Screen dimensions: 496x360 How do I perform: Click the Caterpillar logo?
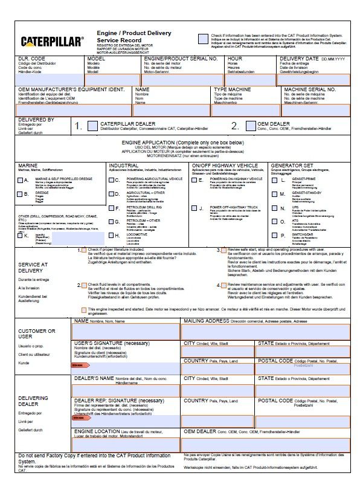tap(52, 42)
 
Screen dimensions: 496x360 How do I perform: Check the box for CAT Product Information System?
tap(203, 39)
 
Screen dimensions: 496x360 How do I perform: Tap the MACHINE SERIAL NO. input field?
tap(316, 111)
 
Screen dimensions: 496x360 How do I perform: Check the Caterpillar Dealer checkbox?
tap(92, 126)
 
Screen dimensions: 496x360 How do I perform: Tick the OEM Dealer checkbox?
tap(251, 126)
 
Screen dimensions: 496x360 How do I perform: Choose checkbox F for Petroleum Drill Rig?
tap(115, 208)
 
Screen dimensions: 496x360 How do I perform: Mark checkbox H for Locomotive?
tap(115, 235)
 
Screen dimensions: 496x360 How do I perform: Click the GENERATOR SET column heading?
tap(292, 165)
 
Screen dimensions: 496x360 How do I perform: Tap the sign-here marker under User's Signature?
tap(77, 365)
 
